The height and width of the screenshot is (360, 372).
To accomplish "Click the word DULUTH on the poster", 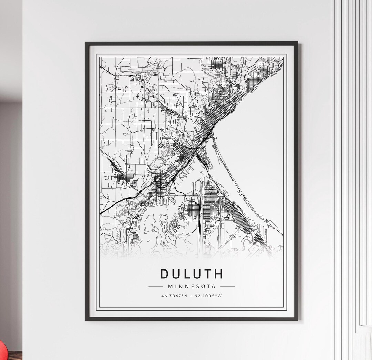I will click(192, 274).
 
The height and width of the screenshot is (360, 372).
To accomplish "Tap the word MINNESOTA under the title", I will click(192, 286).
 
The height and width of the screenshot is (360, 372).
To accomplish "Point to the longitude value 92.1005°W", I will click(208, 296).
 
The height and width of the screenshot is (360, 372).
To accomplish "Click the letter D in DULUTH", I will click(164, 274).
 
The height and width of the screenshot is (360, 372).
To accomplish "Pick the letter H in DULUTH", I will click(218, 274).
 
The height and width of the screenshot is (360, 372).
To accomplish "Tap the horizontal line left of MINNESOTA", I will click(155, 286).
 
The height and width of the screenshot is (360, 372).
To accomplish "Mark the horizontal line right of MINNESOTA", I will click(227, 286).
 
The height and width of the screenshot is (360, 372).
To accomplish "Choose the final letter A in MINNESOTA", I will click(214, 286).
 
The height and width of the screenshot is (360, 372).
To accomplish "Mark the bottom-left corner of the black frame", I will click(86, 319).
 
